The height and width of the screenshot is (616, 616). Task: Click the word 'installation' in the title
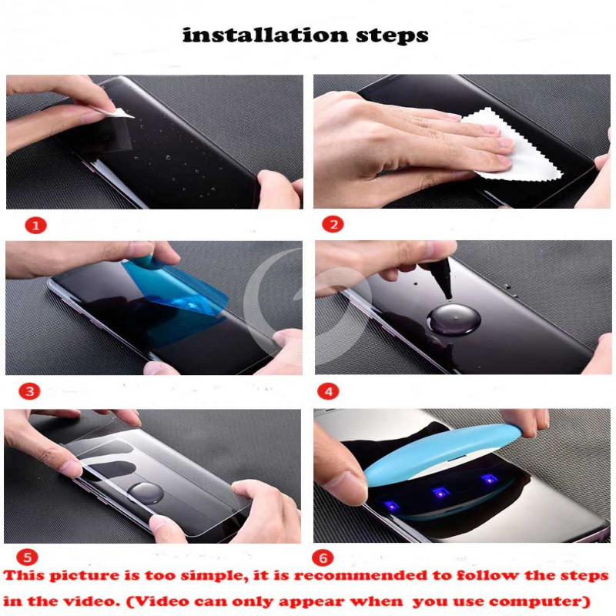[x=266, y=35]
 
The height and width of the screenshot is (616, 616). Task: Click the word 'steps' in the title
[x=392, y=35]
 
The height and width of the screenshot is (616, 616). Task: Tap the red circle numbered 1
[x=35, y=226]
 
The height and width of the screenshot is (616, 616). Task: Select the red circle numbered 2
[x=333, y=224]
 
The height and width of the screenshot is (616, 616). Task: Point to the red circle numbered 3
[x=29, y=391]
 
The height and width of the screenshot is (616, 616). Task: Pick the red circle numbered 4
[x=329, y=391]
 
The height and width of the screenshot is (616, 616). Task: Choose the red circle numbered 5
[x=27, y=557]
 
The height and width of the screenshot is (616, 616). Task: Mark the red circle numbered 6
[x=323, y=557]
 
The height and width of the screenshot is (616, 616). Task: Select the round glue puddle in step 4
[x=454, y=319]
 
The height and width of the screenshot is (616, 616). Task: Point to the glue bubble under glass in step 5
[x=146, y=494]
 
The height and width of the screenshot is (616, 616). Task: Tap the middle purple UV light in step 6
[x=440, y=492]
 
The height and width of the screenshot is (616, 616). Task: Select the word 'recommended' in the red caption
[x=361, y=576]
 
